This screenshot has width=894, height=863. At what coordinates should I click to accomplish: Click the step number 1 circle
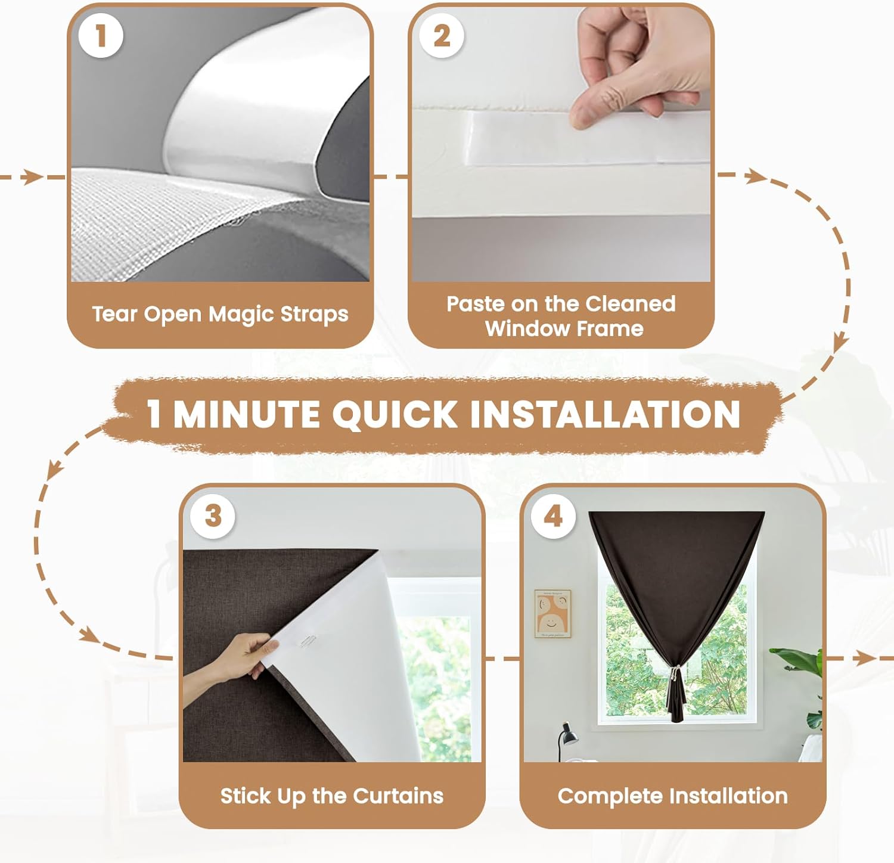[101, 36]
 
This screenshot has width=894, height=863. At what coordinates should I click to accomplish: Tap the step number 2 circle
[442, 36]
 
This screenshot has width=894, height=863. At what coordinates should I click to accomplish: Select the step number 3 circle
[213, 516]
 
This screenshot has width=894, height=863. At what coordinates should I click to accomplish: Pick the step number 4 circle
[554, 516]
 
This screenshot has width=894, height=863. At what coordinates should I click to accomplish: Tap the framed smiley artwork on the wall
[552, 614]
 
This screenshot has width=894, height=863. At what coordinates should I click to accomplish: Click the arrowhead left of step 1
[33, 177]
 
